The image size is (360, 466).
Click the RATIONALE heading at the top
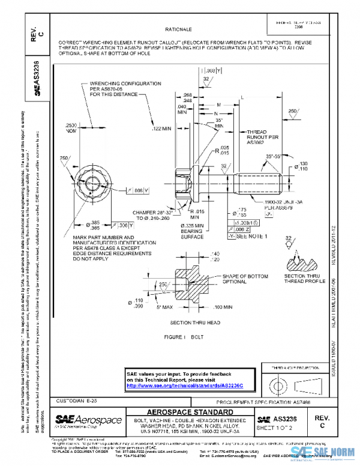[178, 29]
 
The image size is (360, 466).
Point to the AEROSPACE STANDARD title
[191, 412]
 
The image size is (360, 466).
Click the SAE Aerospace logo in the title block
[88, 421]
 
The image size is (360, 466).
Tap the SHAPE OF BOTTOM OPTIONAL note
[224, 279]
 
